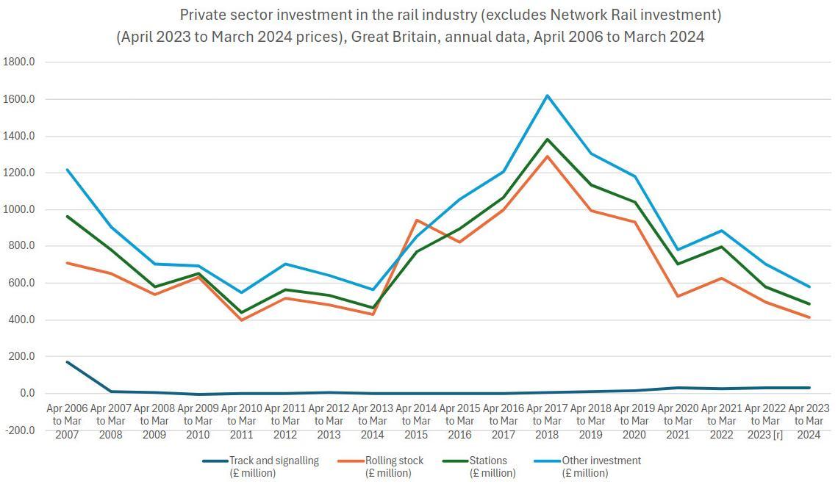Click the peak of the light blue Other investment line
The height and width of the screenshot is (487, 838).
[x=548, y=95]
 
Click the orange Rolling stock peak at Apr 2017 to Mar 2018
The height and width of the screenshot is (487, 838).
[x=548, y=156]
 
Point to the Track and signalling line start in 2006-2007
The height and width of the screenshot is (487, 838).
[x=67, y=361]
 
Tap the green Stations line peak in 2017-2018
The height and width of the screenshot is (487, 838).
[x=548, y=140]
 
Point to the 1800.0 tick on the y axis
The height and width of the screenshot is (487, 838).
[x=19, y=62]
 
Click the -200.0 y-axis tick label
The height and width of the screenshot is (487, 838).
[x=19, y=430]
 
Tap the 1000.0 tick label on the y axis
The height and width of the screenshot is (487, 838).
[x=19, y=209]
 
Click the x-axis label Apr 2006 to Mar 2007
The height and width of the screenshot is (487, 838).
[x=67, y=421]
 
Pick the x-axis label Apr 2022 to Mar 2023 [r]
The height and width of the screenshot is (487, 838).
[x=765, y=421]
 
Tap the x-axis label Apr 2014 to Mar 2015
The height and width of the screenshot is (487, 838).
[x=416, y=421]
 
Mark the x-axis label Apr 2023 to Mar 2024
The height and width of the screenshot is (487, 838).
[x=809, y=421]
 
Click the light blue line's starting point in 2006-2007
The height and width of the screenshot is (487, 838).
[x=67, y=170]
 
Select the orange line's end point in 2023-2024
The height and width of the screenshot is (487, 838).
[x=809, y=317]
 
